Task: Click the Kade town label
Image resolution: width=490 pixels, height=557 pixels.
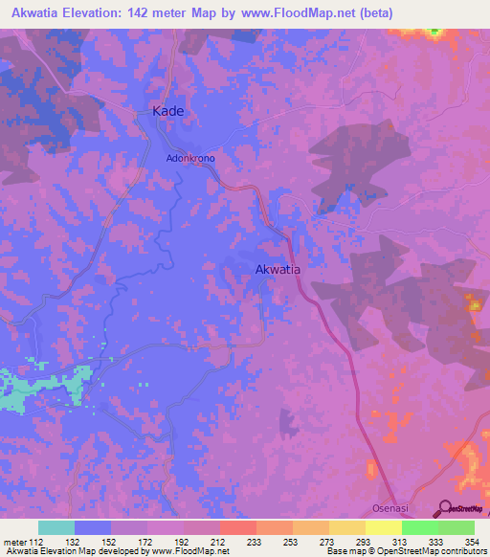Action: [167, 111]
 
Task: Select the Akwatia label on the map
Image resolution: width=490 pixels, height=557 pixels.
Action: [278, 270]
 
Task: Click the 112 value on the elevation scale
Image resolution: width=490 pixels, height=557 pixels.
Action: [35, 541]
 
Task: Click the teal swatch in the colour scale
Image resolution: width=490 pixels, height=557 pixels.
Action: [56, 527]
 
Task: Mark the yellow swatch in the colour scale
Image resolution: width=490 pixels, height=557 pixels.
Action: [384, 527]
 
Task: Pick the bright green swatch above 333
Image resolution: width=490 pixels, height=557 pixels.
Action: [420, 527]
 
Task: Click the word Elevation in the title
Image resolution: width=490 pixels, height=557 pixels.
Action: [94, 11]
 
